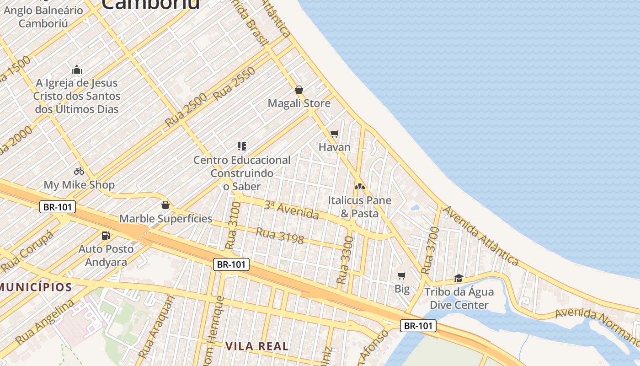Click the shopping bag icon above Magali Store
(x=299, y=90)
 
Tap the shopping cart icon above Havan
(x=335, y=134)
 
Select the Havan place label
(x=334, y=147)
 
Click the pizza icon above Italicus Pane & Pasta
(x=360, y=187)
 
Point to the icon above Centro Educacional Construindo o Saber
(x=242, y=146)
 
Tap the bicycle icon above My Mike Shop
(x=79, y=171)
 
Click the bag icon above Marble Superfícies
(x=165, y=205)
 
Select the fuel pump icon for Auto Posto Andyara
(x=106, y=236)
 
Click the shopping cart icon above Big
(x=402, y=275)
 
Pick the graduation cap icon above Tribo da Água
(x=459, y=278)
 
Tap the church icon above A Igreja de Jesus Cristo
(x=77, y=70)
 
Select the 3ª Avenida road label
(x=291, y=210)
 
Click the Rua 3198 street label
(x=280, y=236)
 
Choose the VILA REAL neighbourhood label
(x=257, y=346)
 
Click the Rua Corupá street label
(x=27, y=252)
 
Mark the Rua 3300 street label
(x=345, y=260)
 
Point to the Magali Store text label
(x=299, y=103)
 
